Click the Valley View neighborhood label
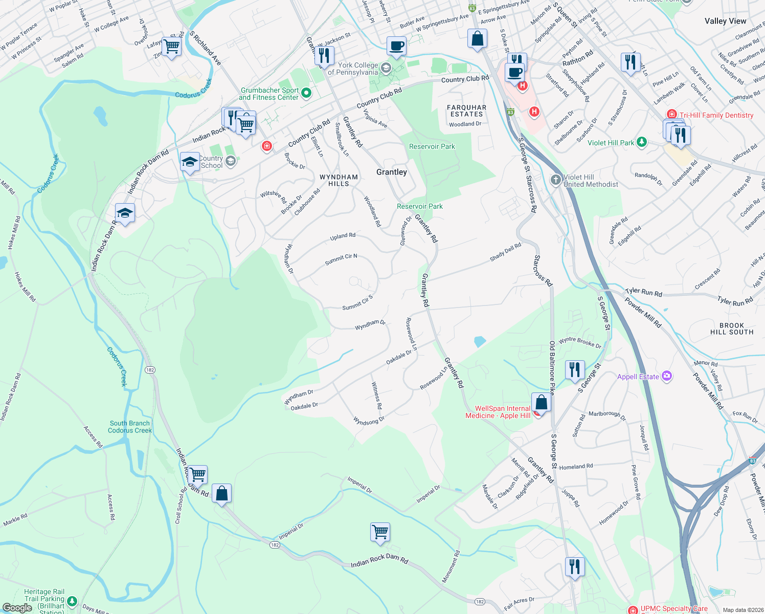click(x=725, y=21)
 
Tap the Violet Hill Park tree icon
click(x=642, y=142)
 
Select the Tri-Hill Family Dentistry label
click(x=716, y=115)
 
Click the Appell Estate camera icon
click(x=666, y=376)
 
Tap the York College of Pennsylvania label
click(x=353, y=69)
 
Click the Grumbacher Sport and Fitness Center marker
click(x=306, y=93)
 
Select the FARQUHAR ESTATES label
click(x=466, y=111)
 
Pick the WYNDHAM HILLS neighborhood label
click(x=339, y=180)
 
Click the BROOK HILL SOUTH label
click(x=732, y=328)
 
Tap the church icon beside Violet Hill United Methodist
click(x=556, y=180)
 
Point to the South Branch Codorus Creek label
click(x=130, y=427)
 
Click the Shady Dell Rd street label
click(x=505, y=252)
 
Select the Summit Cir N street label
click(x=341, y=259)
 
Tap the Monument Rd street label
click(x=451, y=566)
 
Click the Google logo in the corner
click(x=17, y=608)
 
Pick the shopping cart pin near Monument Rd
click(x=380, y=532)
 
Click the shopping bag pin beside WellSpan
click(x=541, y=403)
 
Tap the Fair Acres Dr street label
click(x=519, y=603)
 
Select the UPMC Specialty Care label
click(x=673, y=609)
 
